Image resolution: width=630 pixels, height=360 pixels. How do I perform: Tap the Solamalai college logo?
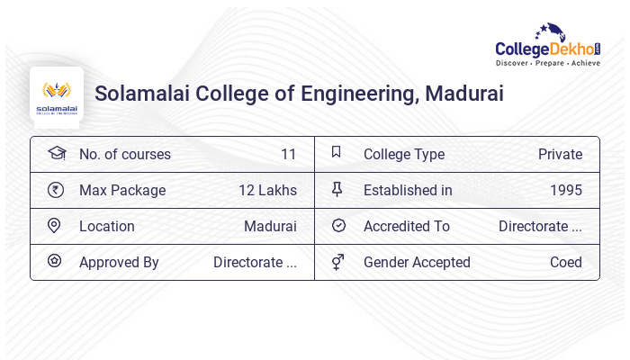pos(56,94)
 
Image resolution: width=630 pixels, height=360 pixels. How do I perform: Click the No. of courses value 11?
pos(288,155)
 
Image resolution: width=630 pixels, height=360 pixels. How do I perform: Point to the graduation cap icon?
pos(56,154)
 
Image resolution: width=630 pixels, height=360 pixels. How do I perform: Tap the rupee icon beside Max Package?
pos(55,190)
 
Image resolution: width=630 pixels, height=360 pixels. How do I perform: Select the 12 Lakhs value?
pos(267,191)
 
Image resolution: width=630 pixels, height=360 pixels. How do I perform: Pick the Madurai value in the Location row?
pos(270,227)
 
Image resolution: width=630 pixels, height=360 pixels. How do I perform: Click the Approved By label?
pos(119,263)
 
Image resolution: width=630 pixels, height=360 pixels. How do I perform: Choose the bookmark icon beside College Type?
pos(337,153)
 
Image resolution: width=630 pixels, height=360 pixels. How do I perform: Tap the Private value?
pos(560,155)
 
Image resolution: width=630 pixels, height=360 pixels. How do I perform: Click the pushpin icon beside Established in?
pos(337,190)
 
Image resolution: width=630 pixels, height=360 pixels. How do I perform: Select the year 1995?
pos(566,191)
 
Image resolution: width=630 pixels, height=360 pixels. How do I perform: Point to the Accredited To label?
pos(407,227)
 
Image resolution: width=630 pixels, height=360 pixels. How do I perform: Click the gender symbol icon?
pos(337,262)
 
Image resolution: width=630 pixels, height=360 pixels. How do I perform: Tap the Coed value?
pos(566,263)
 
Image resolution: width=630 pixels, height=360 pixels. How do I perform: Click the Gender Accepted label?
pos(417,263)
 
